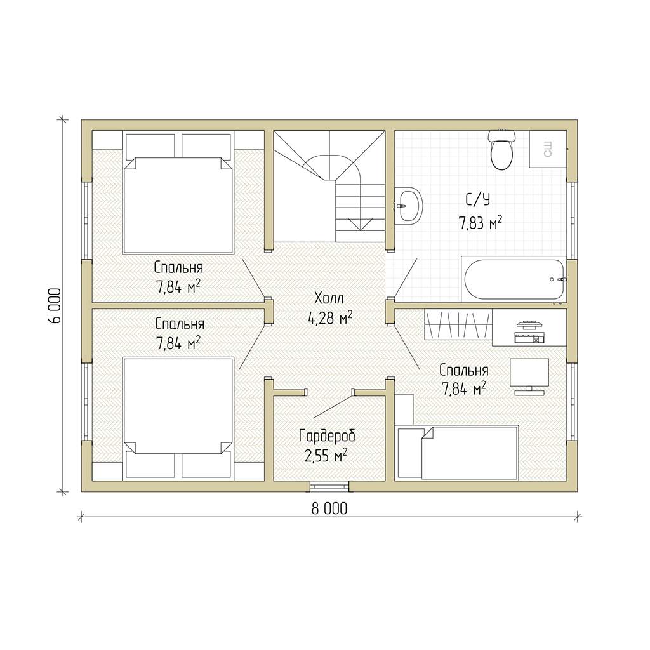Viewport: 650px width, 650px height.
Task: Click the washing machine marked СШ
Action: pos(548,149)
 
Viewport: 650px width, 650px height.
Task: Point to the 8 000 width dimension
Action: pos(329,508)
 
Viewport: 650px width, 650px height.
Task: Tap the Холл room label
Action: pos(329,298)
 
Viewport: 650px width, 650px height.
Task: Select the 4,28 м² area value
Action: pos(330,317)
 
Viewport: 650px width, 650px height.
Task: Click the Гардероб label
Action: pos(327,436)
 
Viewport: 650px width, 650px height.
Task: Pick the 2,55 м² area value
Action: pos(326,456)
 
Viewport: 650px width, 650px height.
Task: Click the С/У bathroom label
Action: pos(478,200)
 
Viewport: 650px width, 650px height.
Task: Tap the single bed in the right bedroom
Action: pos(458,452)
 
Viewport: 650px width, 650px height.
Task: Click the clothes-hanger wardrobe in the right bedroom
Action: pos(458,324)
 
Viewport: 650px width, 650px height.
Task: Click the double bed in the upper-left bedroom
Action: pos(178,193)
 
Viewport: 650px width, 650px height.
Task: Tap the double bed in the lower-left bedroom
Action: pos(178,419)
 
